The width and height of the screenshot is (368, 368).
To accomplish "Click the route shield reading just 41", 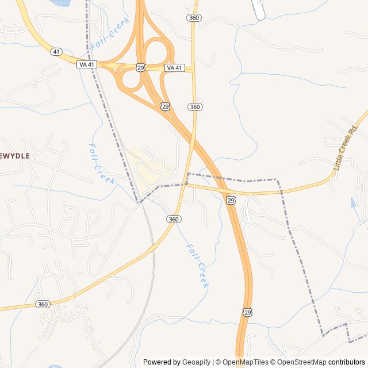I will [x=56, y=52].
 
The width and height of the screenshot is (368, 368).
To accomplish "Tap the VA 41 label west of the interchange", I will [x=86, y=64].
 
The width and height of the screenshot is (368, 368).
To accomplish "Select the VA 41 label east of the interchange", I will [x=175, y=68].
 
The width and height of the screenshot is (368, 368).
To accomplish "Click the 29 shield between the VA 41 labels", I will [x=141, y=68].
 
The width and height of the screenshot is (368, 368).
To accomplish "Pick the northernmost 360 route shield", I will [x=194, y=18].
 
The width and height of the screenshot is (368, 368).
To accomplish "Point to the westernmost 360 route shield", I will [x=43, y=304].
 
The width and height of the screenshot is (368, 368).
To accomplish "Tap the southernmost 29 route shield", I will [x=247, y=312].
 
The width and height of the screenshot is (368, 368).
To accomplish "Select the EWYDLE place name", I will [x=14, y=156].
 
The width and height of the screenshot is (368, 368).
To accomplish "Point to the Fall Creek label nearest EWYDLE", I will [x=102, y=164].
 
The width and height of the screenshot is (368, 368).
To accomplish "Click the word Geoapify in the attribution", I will [x=197, y=362].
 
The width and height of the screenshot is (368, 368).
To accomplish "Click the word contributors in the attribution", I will [x=347, y=362].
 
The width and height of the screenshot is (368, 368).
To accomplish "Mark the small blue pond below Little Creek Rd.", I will [x=352, y=202].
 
